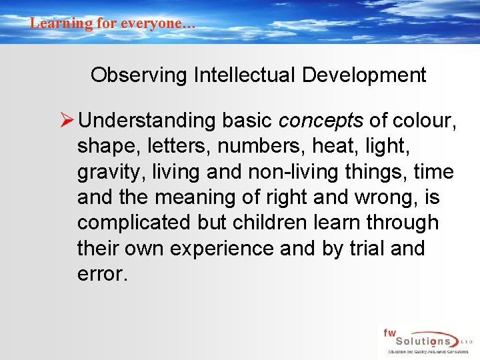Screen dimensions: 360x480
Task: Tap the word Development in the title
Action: click(364, 75)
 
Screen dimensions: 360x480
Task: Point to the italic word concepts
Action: click(321, 121)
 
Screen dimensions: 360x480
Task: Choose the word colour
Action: click(419, 121)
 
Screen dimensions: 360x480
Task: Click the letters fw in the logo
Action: click(389, 331)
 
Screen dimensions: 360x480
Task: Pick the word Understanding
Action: click(146, 121)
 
